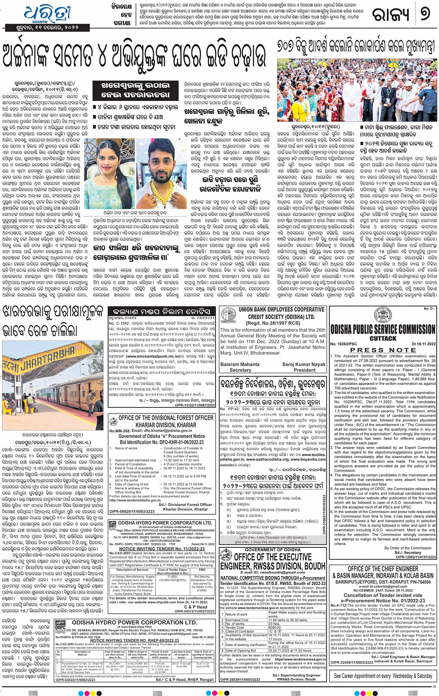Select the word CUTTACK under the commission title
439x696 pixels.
coord(383,338)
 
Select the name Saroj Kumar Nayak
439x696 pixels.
coord(304,365)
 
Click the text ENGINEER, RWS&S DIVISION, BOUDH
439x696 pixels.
coord(272,566)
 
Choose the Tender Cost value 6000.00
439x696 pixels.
coord(275,627)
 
